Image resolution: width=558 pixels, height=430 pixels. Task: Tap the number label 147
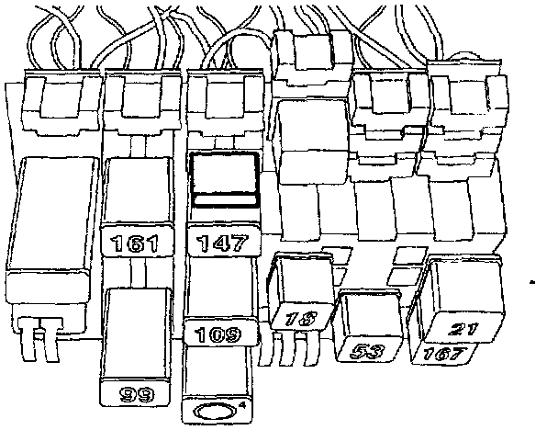click(220, 244)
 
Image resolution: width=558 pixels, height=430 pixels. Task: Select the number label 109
click(218, 334)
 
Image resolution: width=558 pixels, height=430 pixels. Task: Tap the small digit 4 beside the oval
click(241, 403)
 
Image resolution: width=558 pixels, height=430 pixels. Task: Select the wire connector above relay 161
click(139, 102)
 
